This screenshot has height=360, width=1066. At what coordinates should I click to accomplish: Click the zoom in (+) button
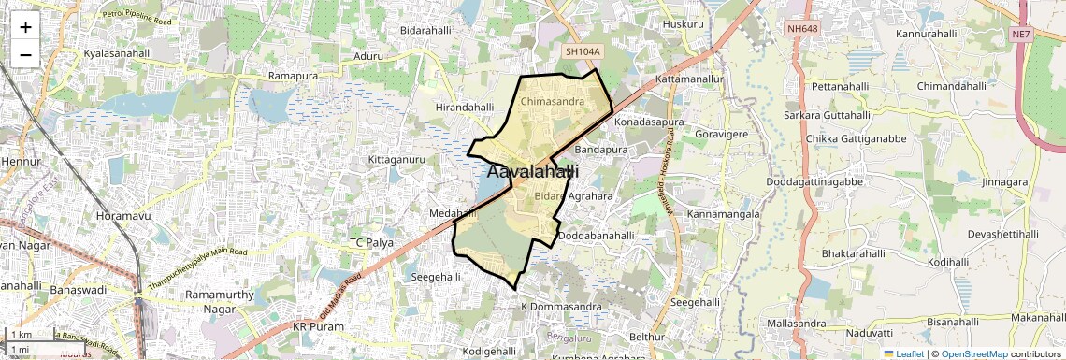25,27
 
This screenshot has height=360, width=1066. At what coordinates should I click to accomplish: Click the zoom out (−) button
25,54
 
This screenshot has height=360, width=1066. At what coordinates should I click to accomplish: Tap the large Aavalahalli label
532,172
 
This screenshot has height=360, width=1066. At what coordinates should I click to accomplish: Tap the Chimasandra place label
552,100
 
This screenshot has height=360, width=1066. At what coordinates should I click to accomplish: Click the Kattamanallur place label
690,79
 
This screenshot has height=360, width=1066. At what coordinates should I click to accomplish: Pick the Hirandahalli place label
465,108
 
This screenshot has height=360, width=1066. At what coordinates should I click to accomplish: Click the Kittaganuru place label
396,160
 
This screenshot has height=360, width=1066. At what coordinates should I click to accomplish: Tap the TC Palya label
371,242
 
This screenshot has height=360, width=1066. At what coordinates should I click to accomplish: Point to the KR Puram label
318,327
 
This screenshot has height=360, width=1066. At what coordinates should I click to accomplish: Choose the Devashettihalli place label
1003,234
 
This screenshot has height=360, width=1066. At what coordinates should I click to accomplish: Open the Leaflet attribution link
903,353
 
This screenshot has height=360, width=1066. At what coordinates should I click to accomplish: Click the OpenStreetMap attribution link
973,353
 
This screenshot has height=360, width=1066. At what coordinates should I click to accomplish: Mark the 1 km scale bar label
22,335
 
